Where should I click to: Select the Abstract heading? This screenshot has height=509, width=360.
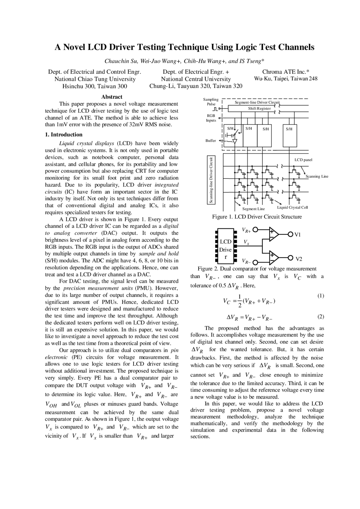pyautogui.click(x=112, y=97)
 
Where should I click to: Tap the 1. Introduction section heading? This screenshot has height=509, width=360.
pyautogui.click(x=64, y=134)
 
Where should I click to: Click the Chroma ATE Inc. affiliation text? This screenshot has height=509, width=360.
pyautogui.click(x=286, y=72)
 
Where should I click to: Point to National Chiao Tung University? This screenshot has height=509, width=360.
pyautogui.click(x=95, y=79)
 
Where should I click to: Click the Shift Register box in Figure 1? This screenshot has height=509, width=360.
pyautogui.click(x=259, y=108)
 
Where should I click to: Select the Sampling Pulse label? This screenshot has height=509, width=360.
pyautogui.click(x=211, y=101)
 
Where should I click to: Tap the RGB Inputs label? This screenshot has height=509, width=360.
pyautogui.click(x=211, y=118)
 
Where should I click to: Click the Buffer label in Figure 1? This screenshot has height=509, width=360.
pyautogui.click(x=211, y=141)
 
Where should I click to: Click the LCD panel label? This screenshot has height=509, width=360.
pyautogui.click(x=303, y=160)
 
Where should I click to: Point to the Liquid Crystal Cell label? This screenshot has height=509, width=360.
pyautogui.click(x=292, y=207)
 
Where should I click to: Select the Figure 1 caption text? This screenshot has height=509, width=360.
pyautogui.click(x=257, y=217)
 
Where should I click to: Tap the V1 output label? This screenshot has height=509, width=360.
pyautogui.click(x=298, y=235)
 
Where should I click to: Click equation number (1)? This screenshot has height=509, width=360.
pyautogui.click(x=321, y=296)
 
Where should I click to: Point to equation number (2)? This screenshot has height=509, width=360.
pyautogui.click(x=321, y=317)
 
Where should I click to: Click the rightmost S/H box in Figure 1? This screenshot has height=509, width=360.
pyautogui.click(x=289, y=135)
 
